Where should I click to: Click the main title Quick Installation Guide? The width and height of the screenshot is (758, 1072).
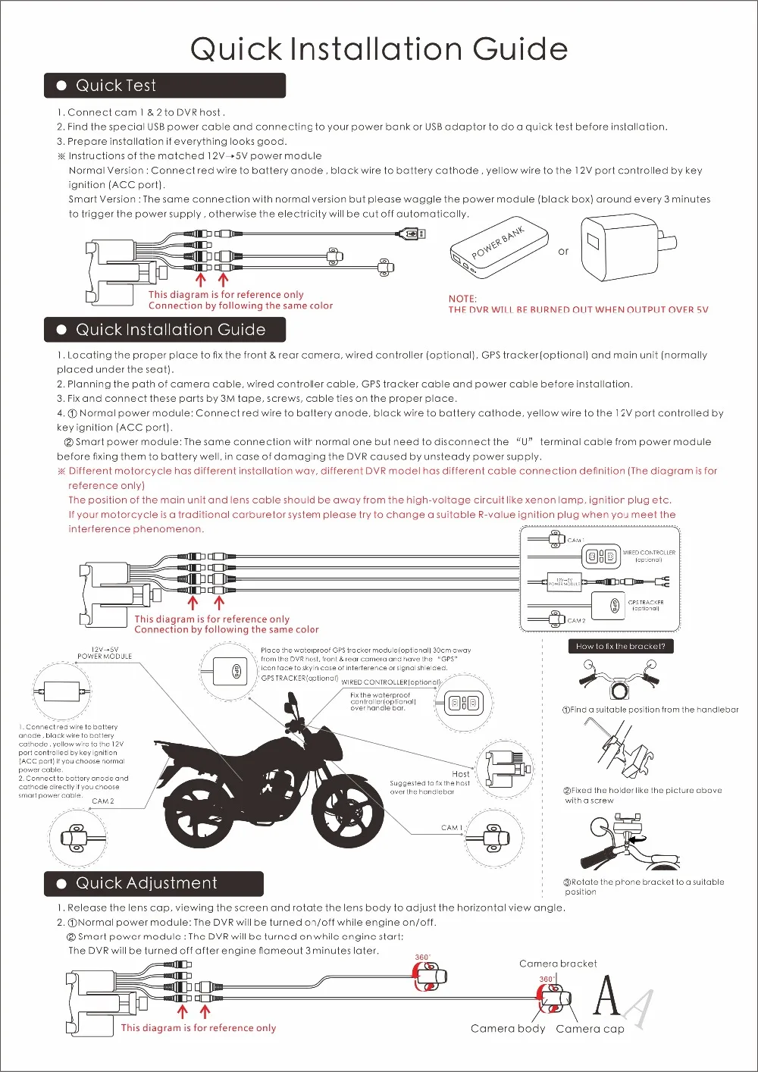(x=379, y=49)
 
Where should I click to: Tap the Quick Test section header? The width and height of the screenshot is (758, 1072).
(x=164, y=86)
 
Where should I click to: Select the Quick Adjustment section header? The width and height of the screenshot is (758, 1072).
(x=154, y=883)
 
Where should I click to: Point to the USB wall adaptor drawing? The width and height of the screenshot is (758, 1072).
(x=619, y=246)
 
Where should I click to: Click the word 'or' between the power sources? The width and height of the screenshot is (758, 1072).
(x=563, y=252)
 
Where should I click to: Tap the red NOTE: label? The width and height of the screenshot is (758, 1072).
(x=462, y=299)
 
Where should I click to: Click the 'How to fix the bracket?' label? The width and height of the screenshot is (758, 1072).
(x=621, y=647)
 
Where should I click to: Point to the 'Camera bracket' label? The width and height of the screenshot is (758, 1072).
(x=558, y=964)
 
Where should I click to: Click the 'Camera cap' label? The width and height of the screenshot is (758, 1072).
(x=590, y=1029)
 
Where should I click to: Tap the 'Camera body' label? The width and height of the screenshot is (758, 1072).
(x=507, y=1029)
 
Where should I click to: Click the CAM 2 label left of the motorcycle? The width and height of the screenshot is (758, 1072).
(x=103, y=801)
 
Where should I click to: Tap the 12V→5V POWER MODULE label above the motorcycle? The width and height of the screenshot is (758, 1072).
(x=105, y=653)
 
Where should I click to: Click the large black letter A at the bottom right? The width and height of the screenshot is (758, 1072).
(x=606, y=995)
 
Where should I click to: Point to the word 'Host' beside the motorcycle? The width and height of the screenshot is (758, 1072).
(x=461, y=774)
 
